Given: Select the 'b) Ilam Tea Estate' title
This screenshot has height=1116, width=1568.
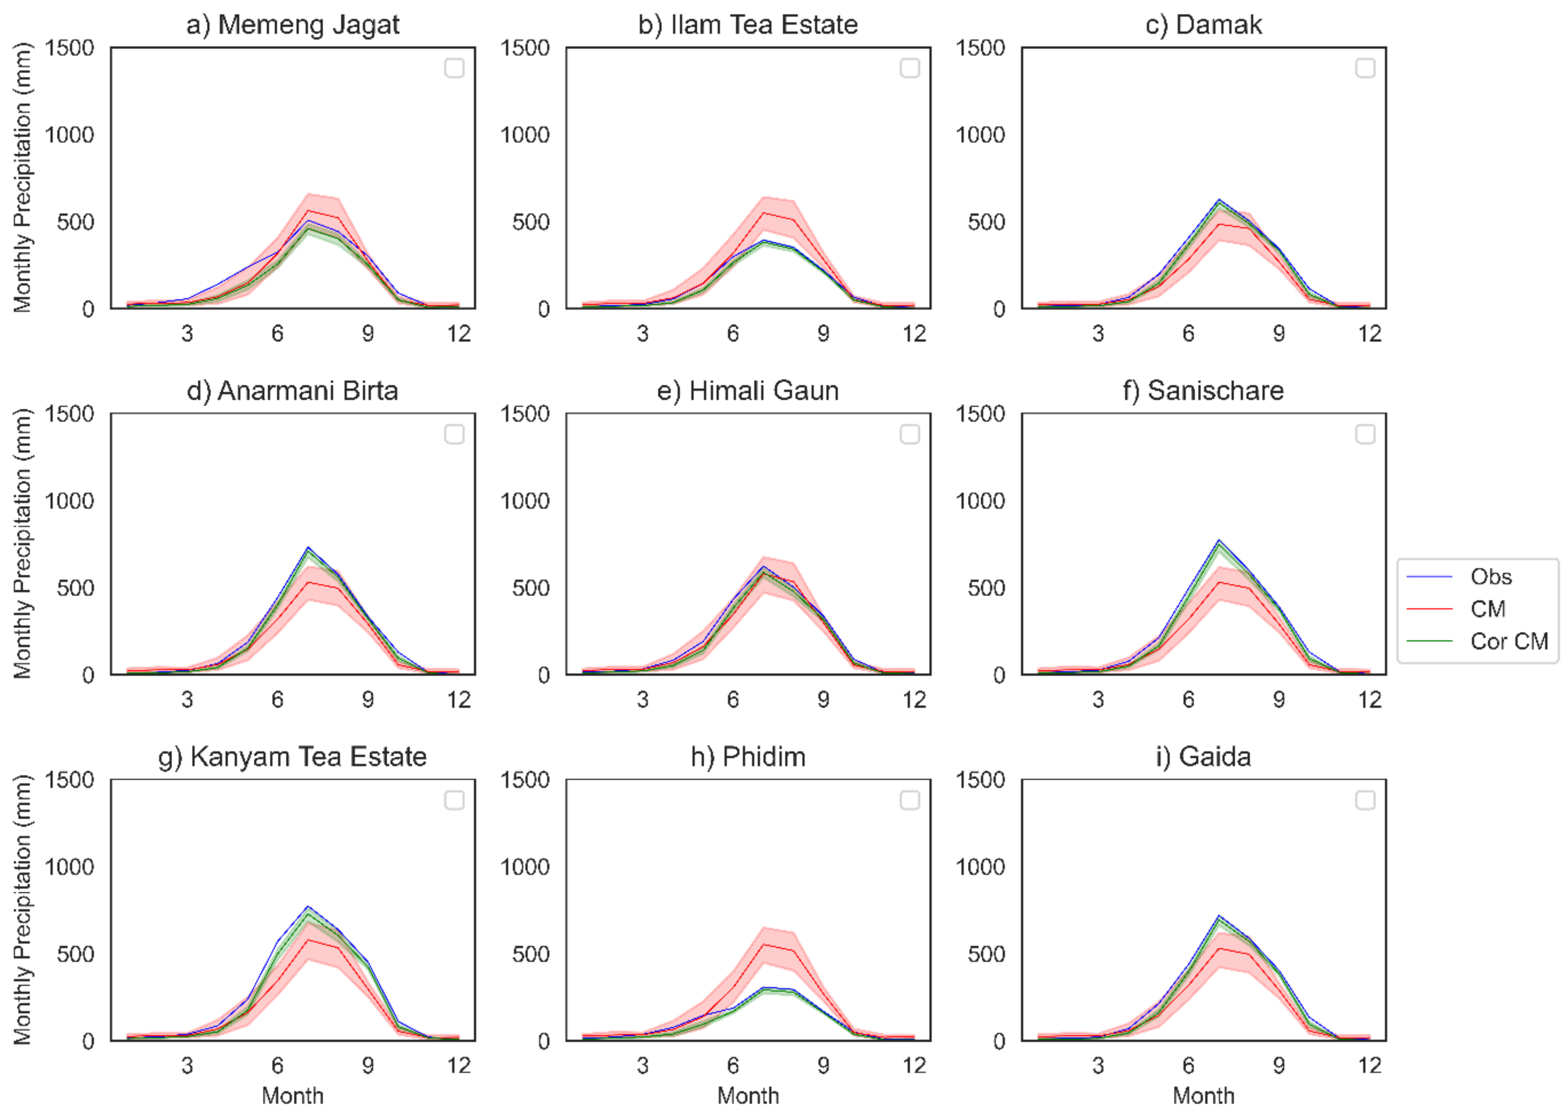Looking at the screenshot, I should pyautogui.click(x=748, y=25).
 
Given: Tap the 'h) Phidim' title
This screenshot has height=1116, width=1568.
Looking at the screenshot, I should pyautogui.click(x=748, y=756).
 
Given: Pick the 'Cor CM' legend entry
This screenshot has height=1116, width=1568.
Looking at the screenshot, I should pyautogui.click(x=1508, y=641).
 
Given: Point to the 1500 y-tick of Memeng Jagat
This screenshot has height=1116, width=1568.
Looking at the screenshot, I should pyautogui.click(x=69, y=48).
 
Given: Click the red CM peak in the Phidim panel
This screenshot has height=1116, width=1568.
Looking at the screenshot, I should pyautogui.click(x=763, y=944).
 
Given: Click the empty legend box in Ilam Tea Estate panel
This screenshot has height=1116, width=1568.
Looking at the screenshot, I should pyautogui.click(x=909, y=68).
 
